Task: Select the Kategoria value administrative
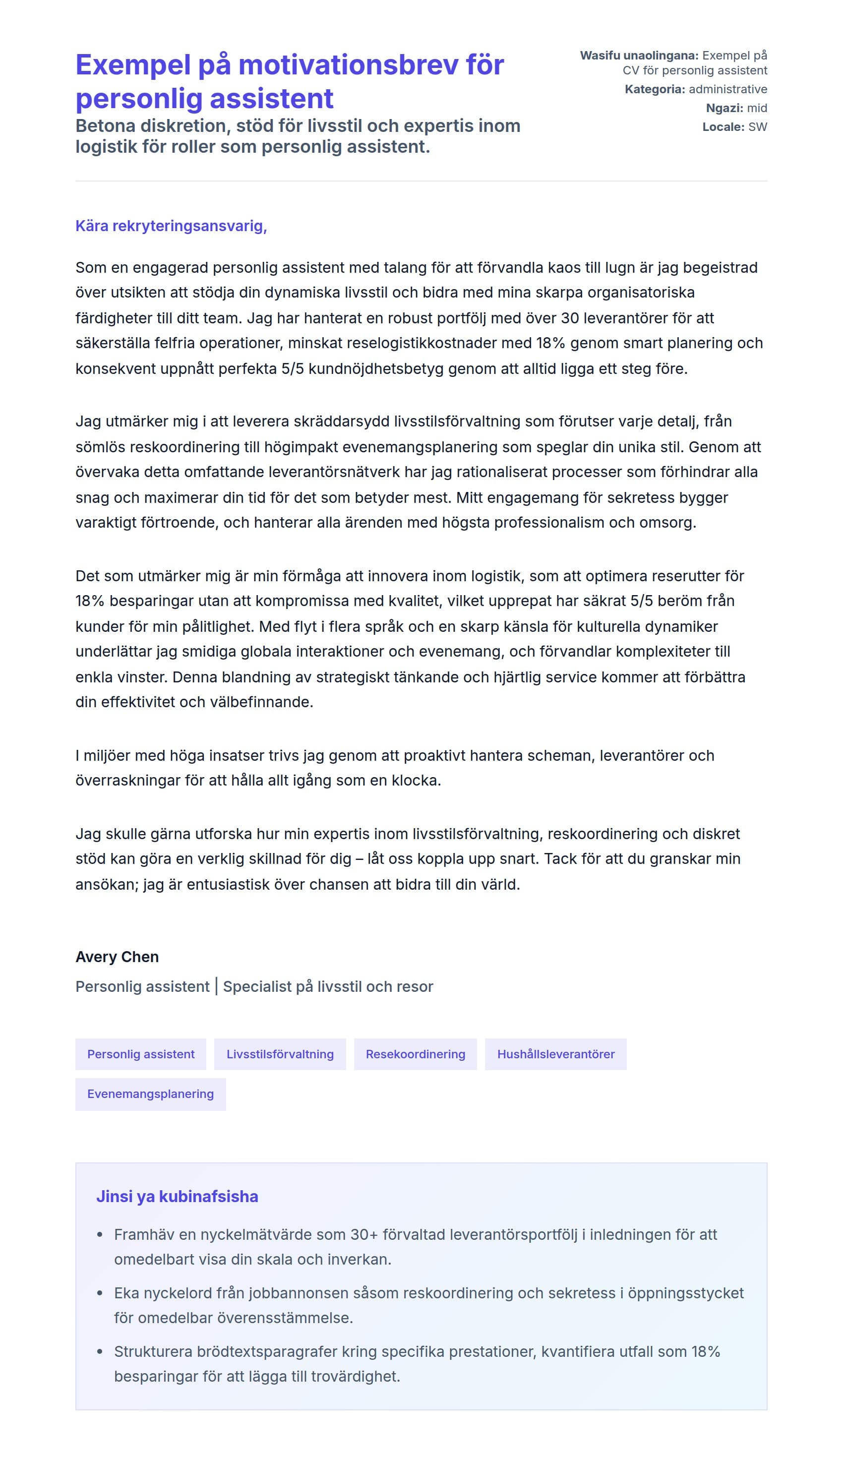[727, 89]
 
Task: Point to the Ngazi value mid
[756, 108]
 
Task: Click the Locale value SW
[757, 127]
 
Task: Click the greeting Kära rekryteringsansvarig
[171, 226]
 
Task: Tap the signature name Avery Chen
[117, 957]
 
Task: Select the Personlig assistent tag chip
[141, 1054]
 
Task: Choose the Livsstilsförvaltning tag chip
[280, 1054]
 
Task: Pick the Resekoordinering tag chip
[415, 1054]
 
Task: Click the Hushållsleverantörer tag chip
[555, 1054]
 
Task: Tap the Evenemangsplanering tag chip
[150, 1094]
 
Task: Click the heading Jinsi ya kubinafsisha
[177, 1197]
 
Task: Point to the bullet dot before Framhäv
[100, 1235]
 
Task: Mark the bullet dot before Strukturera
[100, 1352]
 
